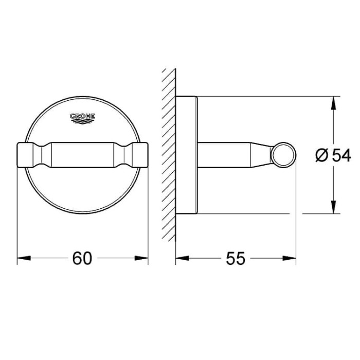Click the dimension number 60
(x=82, y=258)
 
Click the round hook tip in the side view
(x=284, y=154)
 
